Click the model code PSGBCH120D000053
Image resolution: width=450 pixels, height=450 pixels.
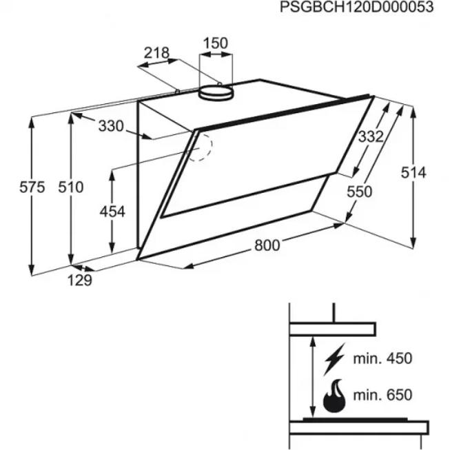356,7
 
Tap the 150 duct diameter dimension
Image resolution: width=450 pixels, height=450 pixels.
215,43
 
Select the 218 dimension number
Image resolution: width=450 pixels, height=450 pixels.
156,53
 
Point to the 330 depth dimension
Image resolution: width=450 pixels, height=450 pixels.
111,126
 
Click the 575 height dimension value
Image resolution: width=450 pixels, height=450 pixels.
32,187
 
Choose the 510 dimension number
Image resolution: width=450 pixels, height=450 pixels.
71,187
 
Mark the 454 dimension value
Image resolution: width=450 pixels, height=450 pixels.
112,212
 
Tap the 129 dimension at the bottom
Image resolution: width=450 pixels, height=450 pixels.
80,280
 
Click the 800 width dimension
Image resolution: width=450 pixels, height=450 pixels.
267,245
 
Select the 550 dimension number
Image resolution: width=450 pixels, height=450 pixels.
359,192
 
